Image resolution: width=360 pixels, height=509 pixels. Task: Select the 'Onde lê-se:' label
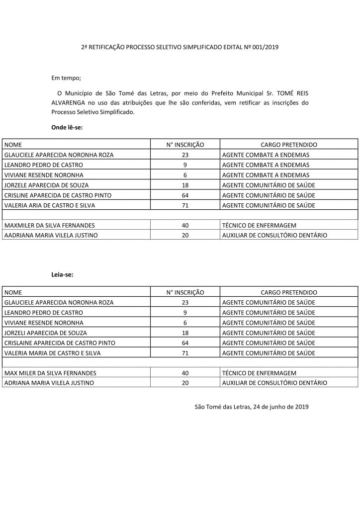[67, 127]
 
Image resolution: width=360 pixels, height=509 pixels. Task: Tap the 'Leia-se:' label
[63, 274]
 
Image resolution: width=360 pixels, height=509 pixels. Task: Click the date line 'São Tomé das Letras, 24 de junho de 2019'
[252, 407]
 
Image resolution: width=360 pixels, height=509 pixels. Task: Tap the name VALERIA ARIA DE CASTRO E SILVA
[49, 205]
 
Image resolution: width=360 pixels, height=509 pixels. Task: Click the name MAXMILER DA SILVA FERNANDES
[49, 225]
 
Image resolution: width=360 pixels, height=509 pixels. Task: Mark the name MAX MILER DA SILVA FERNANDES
[50, 373]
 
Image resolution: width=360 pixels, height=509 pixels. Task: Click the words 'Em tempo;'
[66, 78]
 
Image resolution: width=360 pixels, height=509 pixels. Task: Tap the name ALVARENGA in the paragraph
[69, 103]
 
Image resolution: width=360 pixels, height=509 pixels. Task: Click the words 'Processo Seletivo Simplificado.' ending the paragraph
[93, 112]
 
